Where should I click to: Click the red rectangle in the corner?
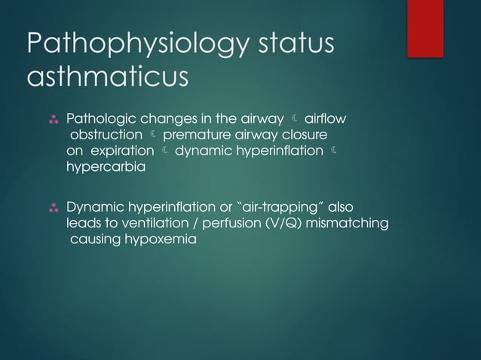coord(425,29)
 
